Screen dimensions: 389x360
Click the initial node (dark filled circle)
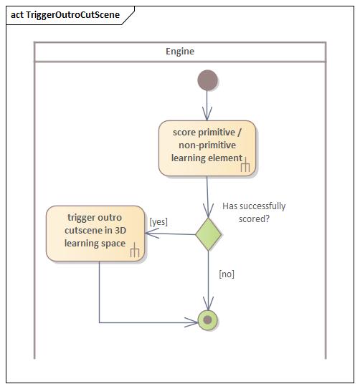tap(207, 81)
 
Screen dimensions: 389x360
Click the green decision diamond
tap(208, 234)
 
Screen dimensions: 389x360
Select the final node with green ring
tap(208, 320)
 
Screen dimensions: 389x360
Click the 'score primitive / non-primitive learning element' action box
tap(207, 148)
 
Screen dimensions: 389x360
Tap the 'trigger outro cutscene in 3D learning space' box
tap(95, 234)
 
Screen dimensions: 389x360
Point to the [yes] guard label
tap(158, 222)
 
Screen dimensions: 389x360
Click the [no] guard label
tap(226, 274)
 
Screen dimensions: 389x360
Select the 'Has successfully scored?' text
tap(254, 212)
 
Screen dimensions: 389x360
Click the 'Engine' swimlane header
tap(180, 52)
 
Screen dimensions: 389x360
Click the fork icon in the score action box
tap(245, 166)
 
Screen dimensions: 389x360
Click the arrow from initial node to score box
tap(207, 106)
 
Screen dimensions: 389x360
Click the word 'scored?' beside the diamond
tap(254, 218)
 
